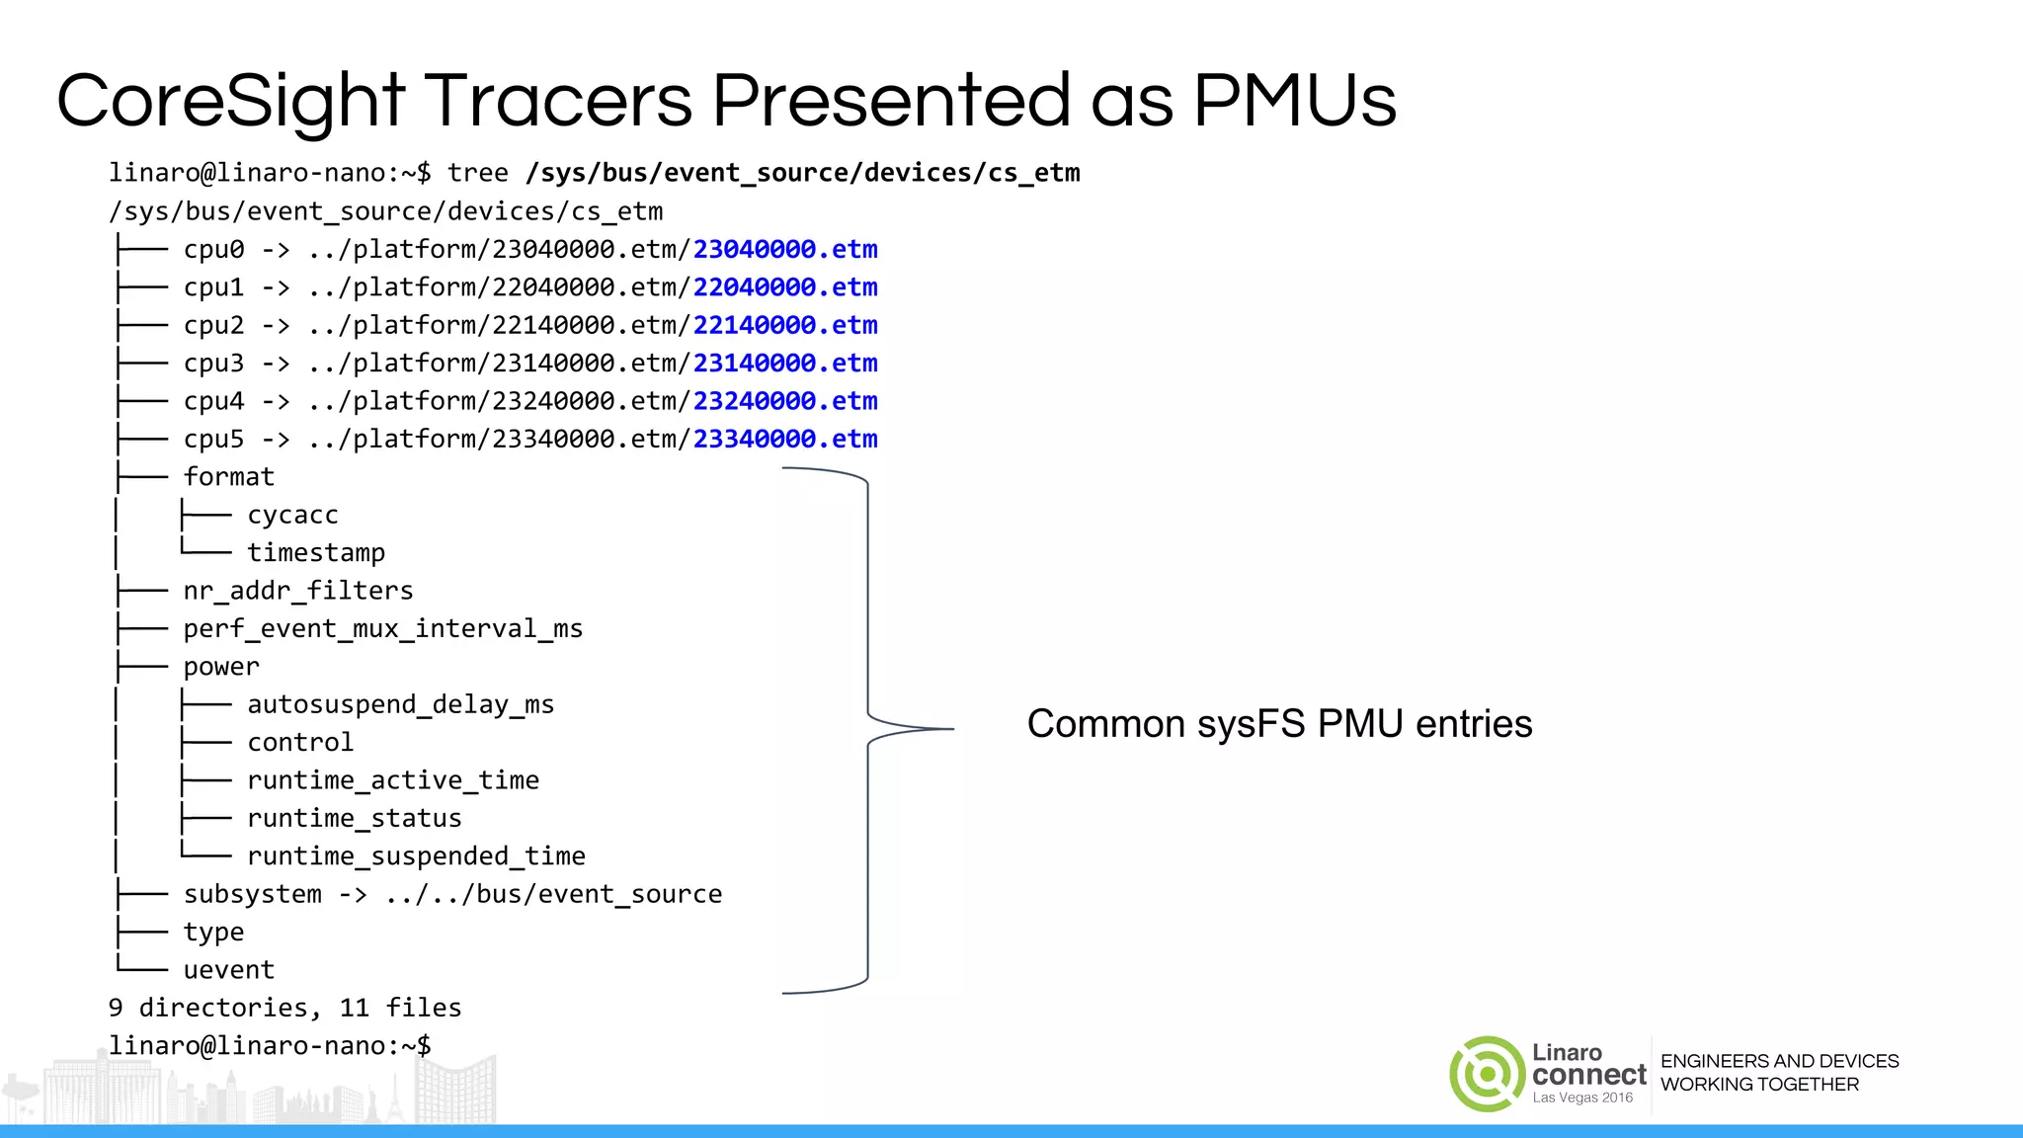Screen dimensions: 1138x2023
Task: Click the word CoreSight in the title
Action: (x=230, y=102)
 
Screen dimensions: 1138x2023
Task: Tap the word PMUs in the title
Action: (x=1294, y=102)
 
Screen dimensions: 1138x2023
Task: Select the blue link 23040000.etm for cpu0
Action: (x=785, y=249)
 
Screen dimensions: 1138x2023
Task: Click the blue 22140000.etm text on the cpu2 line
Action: (x=785, y=325)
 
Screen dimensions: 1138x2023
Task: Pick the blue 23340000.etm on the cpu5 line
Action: (x=785, y=439)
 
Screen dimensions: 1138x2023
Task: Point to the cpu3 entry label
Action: (x=213, y=364)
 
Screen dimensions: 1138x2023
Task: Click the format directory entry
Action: (x=228, y=477)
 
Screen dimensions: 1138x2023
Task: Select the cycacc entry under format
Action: (x=292, y=516)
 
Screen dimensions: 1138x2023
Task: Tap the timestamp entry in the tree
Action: (x=316, y=553)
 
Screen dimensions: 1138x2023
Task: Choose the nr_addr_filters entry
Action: (x=298, y=591)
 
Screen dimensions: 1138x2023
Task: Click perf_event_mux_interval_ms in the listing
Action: (x=383, y=629)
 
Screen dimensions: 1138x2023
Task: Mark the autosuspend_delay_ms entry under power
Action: (x=400, y=704)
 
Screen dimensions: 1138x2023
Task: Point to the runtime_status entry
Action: (x=355, y=819)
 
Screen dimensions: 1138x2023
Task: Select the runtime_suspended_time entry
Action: (x=416, y=856)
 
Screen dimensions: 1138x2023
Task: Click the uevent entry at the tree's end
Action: (x=228, y=970)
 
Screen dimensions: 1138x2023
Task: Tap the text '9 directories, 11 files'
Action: (x=284, y=1008)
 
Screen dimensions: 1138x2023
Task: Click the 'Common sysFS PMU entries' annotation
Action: (x=1279, y=724)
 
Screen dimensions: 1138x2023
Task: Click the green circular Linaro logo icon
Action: (x=1487, y=1074)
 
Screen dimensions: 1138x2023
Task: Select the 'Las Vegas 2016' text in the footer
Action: (x=1582, y=1097)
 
